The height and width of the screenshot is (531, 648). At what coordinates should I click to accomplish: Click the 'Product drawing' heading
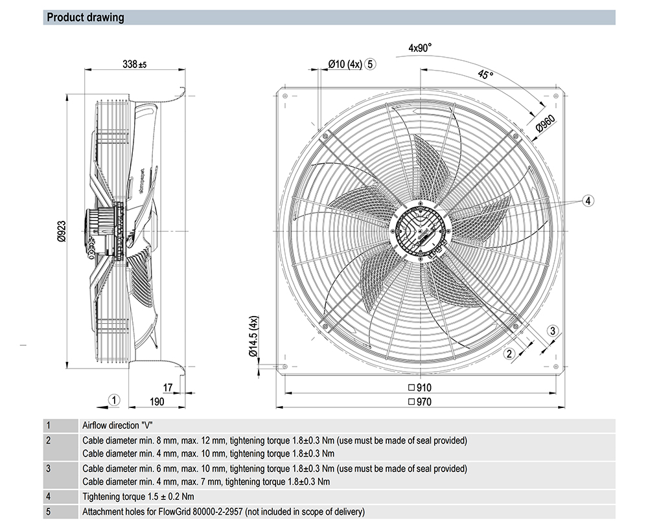click(x=86, y=17)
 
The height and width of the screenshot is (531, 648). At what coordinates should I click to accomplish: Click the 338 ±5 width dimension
click(x=134, y=64)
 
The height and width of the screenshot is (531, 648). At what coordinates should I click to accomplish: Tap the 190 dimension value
click(x=157, y=401)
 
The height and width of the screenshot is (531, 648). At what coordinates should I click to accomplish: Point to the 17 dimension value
click(x=168, y=388)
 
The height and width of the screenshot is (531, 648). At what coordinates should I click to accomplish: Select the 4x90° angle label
click(x=420, y=48)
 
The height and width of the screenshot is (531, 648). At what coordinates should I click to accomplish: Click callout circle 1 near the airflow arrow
click(x=113, y=400)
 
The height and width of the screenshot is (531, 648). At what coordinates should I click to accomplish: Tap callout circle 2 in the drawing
click(x=509, y=353)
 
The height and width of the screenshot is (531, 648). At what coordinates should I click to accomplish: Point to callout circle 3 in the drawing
click(x=553, y=331)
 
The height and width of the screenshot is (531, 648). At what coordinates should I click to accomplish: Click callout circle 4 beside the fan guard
click(x=588, y=201)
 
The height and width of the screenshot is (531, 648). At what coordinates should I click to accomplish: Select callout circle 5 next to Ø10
click(x=370, y=64)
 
